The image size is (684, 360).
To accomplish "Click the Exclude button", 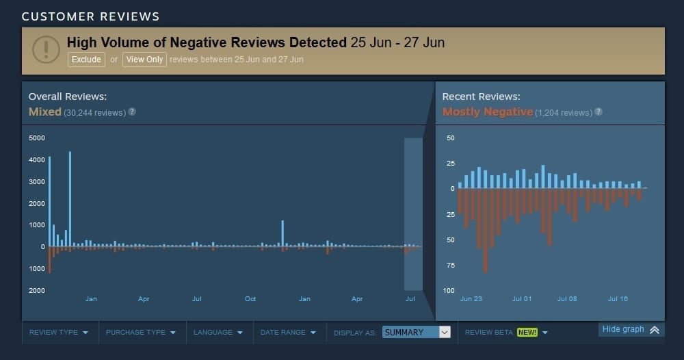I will pyautogui.click(x=87, y=60).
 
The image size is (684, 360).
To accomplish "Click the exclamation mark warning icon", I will pyautogui.click(x=47, y=49).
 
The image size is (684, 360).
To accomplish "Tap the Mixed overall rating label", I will pyautogui.click(x=44, y=112).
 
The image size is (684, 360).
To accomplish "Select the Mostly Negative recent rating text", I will pyautogui.click(x=487, y=112).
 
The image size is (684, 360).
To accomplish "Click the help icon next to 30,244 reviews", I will pyautogui.click(x=132, y=112).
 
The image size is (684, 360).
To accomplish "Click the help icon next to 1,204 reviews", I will pyautogui.click(x=598, y=112).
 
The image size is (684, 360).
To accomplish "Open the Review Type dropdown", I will pyautogui.click(x=59, y=333).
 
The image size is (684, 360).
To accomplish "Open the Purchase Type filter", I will pyautogui.click(x=140, y=333).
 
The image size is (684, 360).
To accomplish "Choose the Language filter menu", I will pyautogui.click(x=218, y=333).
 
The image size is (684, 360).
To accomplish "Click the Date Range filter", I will pyautogui.click(x=288, y=333).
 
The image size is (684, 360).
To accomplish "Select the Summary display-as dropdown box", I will pyautogui.click(x=417, y=333).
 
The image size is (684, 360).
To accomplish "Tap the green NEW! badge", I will pyautogui.click(x=527, y=333).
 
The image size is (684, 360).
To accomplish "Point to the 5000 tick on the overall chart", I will pyautogui.click(x=36, y=138).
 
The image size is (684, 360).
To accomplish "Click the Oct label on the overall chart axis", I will pyautogui.click(x=250, y=299).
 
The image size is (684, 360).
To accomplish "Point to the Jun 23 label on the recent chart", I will pyautogui.click(x=471, y=299).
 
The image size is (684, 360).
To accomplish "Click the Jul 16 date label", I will pyautogui.click(x=618, y=299).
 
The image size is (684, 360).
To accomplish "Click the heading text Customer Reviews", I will pyautogui.click(x=90, y=16).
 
